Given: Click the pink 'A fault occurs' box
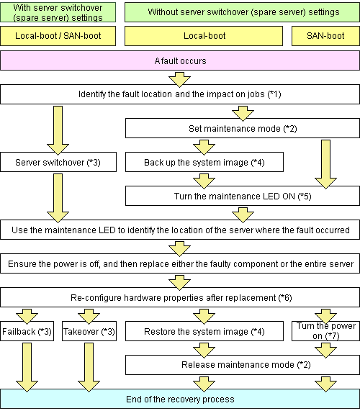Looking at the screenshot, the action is click(x=180, y=60).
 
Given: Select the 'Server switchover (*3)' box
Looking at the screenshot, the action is click(x=58, y=162).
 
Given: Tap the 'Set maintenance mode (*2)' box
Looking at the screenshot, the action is click(x=243, y=128).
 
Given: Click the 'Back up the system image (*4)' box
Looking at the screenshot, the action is click(x=204, y=162).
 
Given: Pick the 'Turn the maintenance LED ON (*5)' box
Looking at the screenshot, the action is click(x=243, y=196).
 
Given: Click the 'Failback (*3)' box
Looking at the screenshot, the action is click(x=27, y=331).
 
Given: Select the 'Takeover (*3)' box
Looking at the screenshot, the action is click(x=89, y=331).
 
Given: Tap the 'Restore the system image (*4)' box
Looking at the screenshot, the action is click(x=204, y=331).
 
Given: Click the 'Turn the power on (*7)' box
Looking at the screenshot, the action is click(x=325, y=331).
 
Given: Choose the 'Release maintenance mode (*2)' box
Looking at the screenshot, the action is click(x=243, y=365).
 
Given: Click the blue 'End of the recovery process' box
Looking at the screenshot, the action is click(x=180, y=399).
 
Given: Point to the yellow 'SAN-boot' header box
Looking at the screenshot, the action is click(x=325, y=36).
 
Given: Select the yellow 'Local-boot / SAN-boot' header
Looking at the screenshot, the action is click(x=58, y=36).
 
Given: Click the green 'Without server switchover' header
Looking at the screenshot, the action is click(x=242, y=12).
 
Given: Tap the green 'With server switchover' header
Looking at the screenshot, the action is click(x=58, y=12).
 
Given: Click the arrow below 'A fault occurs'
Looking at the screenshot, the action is click(x=179, y=80).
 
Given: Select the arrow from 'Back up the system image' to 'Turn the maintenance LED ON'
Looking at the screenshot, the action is click(x=204, y=181).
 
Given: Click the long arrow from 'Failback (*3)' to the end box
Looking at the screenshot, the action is click(x=27, y=368).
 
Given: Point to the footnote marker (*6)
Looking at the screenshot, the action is click(x=285, y=298).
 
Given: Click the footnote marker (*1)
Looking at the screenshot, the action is click(x=274, y=94).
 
